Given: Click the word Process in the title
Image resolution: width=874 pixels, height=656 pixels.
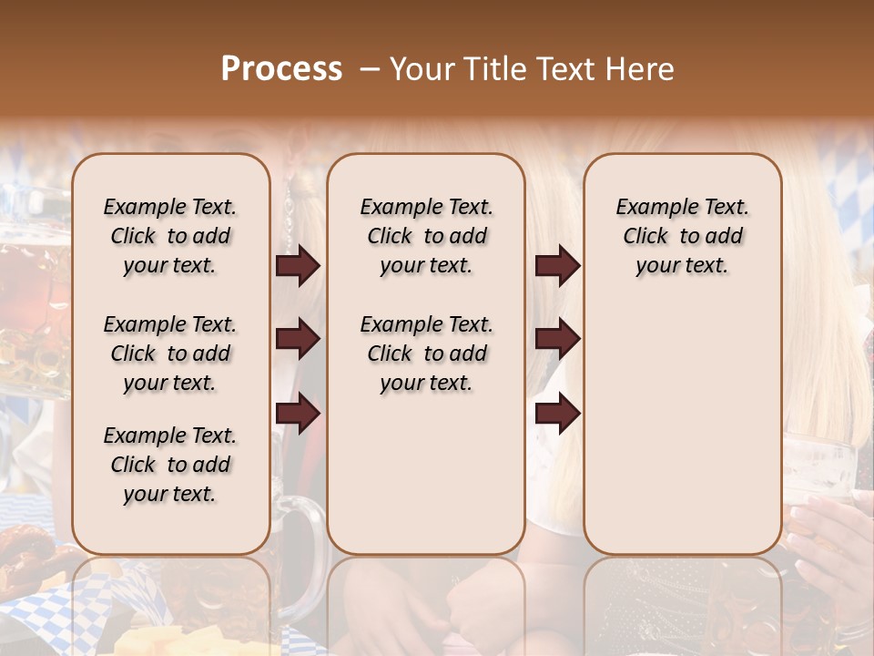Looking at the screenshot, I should (281, 69).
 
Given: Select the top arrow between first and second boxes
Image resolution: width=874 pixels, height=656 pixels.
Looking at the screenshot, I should (298, 265).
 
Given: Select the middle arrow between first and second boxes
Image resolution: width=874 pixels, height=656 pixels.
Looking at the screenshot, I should (298, 339).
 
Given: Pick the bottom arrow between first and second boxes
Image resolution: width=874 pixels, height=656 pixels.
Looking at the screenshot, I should (298, 413).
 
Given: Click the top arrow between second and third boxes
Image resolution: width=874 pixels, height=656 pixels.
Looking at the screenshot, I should (557, 265).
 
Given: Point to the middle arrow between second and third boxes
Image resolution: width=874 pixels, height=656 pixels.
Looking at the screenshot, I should (557, 339).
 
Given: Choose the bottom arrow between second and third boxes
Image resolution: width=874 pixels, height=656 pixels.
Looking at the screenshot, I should (557, 413).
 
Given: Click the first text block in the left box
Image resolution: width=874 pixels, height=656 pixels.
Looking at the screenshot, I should (170, 236).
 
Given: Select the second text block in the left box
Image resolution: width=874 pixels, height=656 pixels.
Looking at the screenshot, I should (170, 354).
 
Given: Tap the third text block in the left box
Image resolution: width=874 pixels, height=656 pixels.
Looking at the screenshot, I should (170, 465).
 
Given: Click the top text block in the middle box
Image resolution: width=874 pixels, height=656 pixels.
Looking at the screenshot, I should (426, 236).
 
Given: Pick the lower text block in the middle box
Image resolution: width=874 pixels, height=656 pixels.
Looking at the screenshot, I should (426, 354).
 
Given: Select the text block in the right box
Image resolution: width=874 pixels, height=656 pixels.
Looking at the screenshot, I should (682, 236).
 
